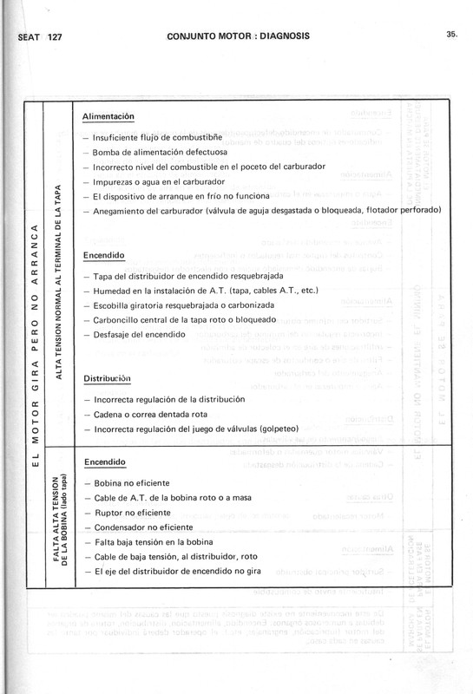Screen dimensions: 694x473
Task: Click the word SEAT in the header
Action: click(x=29, y=38)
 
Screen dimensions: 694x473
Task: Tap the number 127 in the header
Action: click(x=60, y=38)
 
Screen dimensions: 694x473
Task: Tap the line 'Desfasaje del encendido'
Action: click(x=137, y=334)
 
